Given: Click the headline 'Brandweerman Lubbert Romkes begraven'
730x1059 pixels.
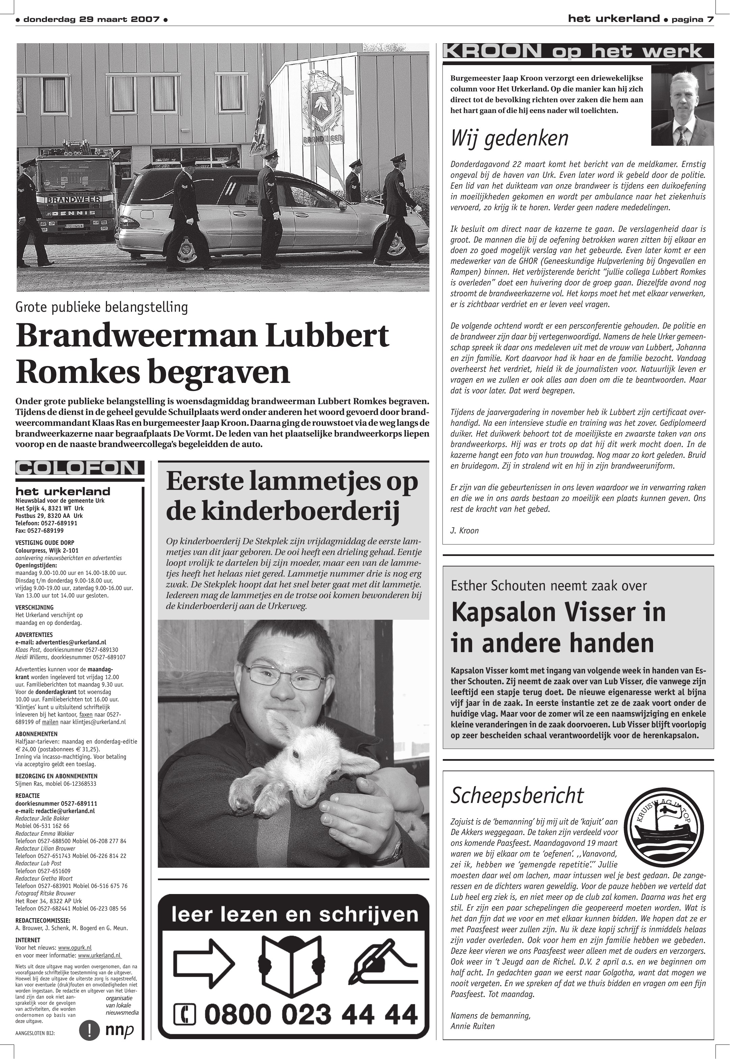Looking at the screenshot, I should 202,354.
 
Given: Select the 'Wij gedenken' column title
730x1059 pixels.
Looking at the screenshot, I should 510,138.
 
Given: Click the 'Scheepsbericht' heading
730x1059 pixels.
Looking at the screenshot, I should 517,795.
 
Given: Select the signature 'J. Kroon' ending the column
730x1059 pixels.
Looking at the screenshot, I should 464,530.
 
